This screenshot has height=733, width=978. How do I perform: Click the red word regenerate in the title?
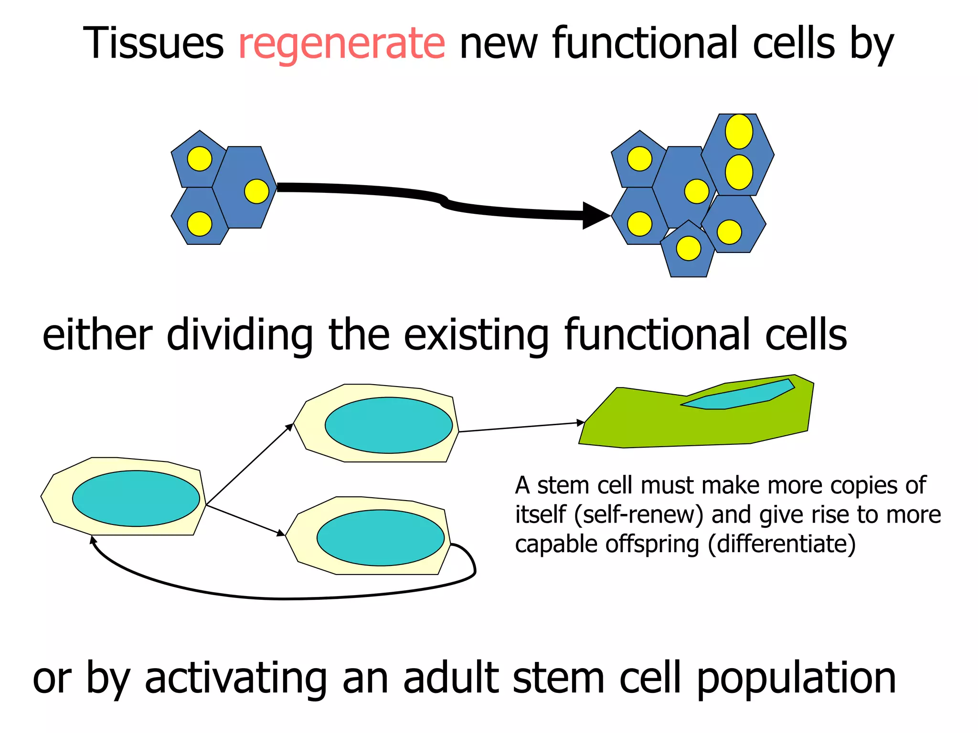(341, 44)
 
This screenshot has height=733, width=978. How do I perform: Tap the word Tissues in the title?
(153, 44)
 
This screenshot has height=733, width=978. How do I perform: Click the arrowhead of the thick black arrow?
(595, 216)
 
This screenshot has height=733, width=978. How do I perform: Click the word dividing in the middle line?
(239, 335)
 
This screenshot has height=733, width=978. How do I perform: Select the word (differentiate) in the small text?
(782, 544)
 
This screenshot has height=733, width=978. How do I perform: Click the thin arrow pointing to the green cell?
(521, 427)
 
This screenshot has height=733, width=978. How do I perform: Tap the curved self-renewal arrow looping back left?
(282, 597)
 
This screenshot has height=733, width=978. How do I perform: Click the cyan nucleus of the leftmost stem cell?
(136, 499)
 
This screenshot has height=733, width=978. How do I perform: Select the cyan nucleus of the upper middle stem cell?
(389, 425)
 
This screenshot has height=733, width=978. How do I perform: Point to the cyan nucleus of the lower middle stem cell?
(381, 538)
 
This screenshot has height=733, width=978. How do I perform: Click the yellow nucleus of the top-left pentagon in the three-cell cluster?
(200, 158)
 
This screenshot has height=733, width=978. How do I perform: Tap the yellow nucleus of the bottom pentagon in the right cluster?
(688, 248)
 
